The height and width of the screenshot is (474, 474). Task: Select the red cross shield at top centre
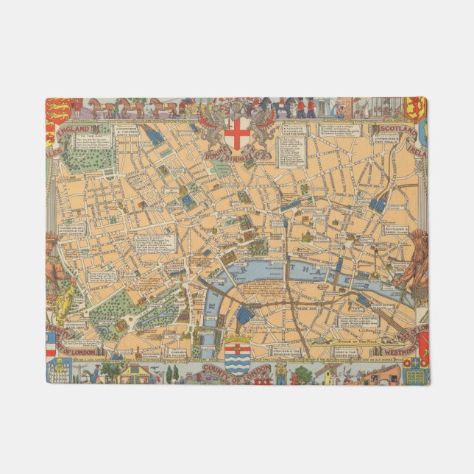point(237,133)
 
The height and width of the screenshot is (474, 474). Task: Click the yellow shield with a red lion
point(415,110)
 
